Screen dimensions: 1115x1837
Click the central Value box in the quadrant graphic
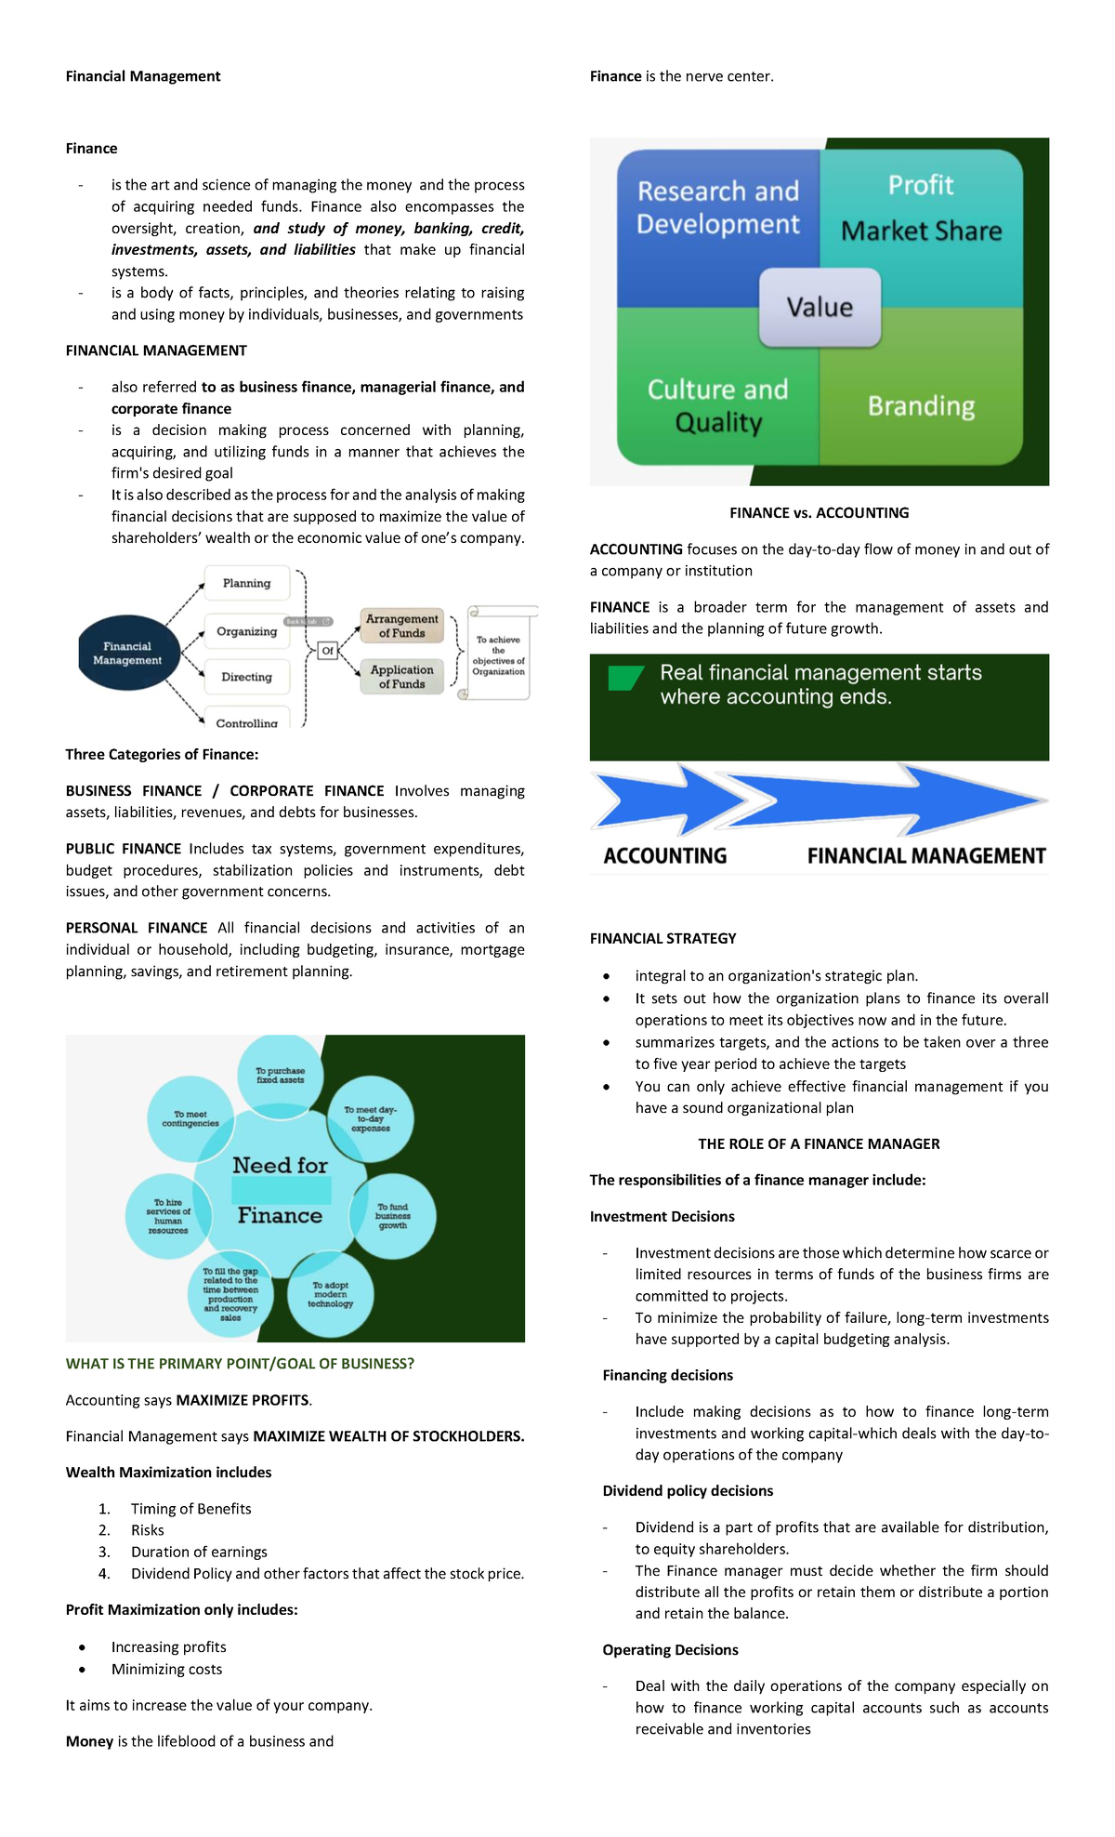(x=820, y=307)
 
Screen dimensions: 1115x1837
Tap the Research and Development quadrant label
(x=717, y=207)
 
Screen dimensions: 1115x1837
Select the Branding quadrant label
(x=921, y=406)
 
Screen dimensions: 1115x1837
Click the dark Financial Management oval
(x=127, y=653)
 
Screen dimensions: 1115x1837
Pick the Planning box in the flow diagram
(x=246, y=583)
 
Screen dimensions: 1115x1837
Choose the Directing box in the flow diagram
(x=246, y=677)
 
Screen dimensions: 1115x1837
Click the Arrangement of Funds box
(x=401, y=626)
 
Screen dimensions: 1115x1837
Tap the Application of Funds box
(x=401, y=676)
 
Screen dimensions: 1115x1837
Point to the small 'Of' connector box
(x=327, y=651)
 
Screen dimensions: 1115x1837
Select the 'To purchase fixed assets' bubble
(x=281, y=1076)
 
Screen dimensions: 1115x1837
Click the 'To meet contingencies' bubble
(x=190, y=1118)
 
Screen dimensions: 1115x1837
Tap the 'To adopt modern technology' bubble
(x=331, y=1295)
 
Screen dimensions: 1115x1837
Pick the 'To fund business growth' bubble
(x=393, y=1216)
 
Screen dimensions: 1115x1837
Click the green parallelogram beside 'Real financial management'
(x=624, y=678)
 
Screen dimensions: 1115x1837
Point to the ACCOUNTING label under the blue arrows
(x=665, y=855)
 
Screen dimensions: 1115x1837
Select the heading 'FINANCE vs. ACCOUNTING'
(x=819, y=513)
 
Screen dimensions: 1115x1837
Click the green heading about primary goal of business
(x=240, y=1364)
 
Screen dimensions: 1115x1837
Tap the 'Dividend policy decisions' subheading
(x=688, y=1491)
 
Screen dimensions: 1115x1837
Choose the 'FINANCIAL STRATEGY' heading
(x=662, y=939)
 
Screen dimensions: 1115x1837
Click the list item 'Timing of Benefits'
(x=190, y=1509)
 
